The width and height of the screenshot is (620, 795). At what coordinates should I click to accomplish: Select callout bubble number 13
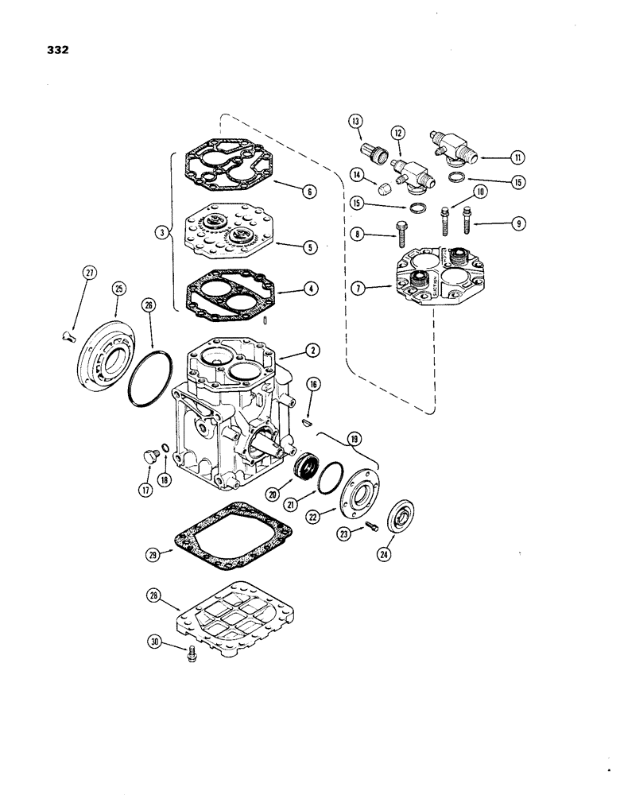pyautogui.click(x=355, y=122)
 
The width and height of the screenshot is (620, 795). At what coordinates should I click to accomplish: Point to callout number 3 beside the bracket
pyautogui.click(x=161, y=233)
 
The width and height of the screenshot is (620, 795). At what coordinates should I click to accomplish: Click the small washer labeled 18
pyautogui.click(x=163, y=452)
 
